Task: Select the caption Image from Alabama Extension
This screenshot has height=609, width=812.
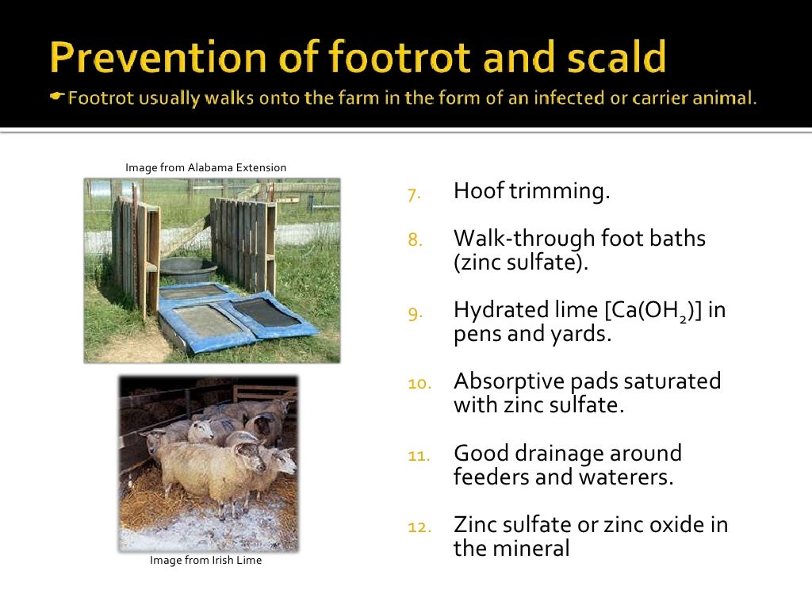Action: [x=205, y=167]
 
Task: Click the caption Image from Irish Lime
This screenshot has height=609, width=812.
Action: [x=205, y=561]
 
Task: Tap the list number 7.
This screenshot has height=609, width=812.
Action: [x=413, y=193]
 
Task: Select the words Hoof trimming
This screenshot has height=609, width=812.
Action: [x=531, y=191]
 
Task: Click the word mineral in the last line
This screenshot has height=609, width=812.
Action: [x=534, y=548]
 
